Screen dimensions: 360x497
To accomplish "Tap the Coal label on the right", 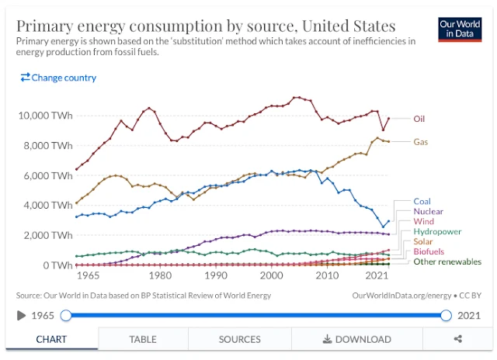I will [x=422, y=202].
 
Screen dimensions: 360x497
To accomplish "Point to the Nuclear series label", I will [x=429, y=211].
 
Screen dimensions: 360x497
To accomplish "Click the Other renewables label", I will [x=447, y=261].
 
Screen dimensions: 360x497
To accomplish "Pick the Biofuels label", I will [x=429, y=251].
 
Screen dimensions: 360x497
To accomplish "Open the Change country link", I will [x=58, y=78].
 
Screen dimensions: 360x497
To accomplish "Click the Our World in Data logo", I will [x=460, y=30].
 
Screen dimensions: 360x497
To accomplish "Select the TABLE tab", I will [x=142, y=339].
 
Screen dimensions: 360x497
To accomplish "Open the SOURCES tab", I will [x=239, y=339].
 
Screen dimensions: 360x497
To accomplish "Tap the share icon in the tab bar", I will [x=458, y=339].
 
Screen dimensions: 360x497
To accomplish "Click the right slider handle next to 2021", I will [x=446, y=315].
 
